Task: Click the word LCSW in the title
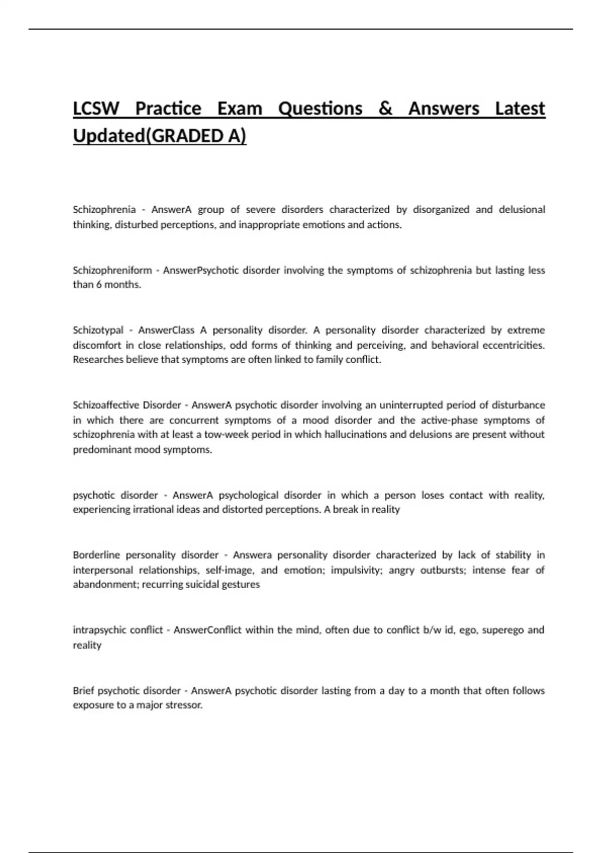point(96,109)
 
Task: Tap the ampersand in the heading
point(385,109)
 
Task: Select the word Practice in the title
point(168,109)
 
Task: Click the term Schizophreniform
point(112,270)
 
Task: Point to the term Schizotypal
point(98,330)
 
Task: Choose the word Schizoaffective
point(105,405)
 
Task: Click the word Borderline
point(96,555)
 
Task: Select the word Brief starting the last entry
point(83,690)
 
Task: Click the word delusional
point(522,209)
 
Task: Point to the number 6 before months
point(99,285)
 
